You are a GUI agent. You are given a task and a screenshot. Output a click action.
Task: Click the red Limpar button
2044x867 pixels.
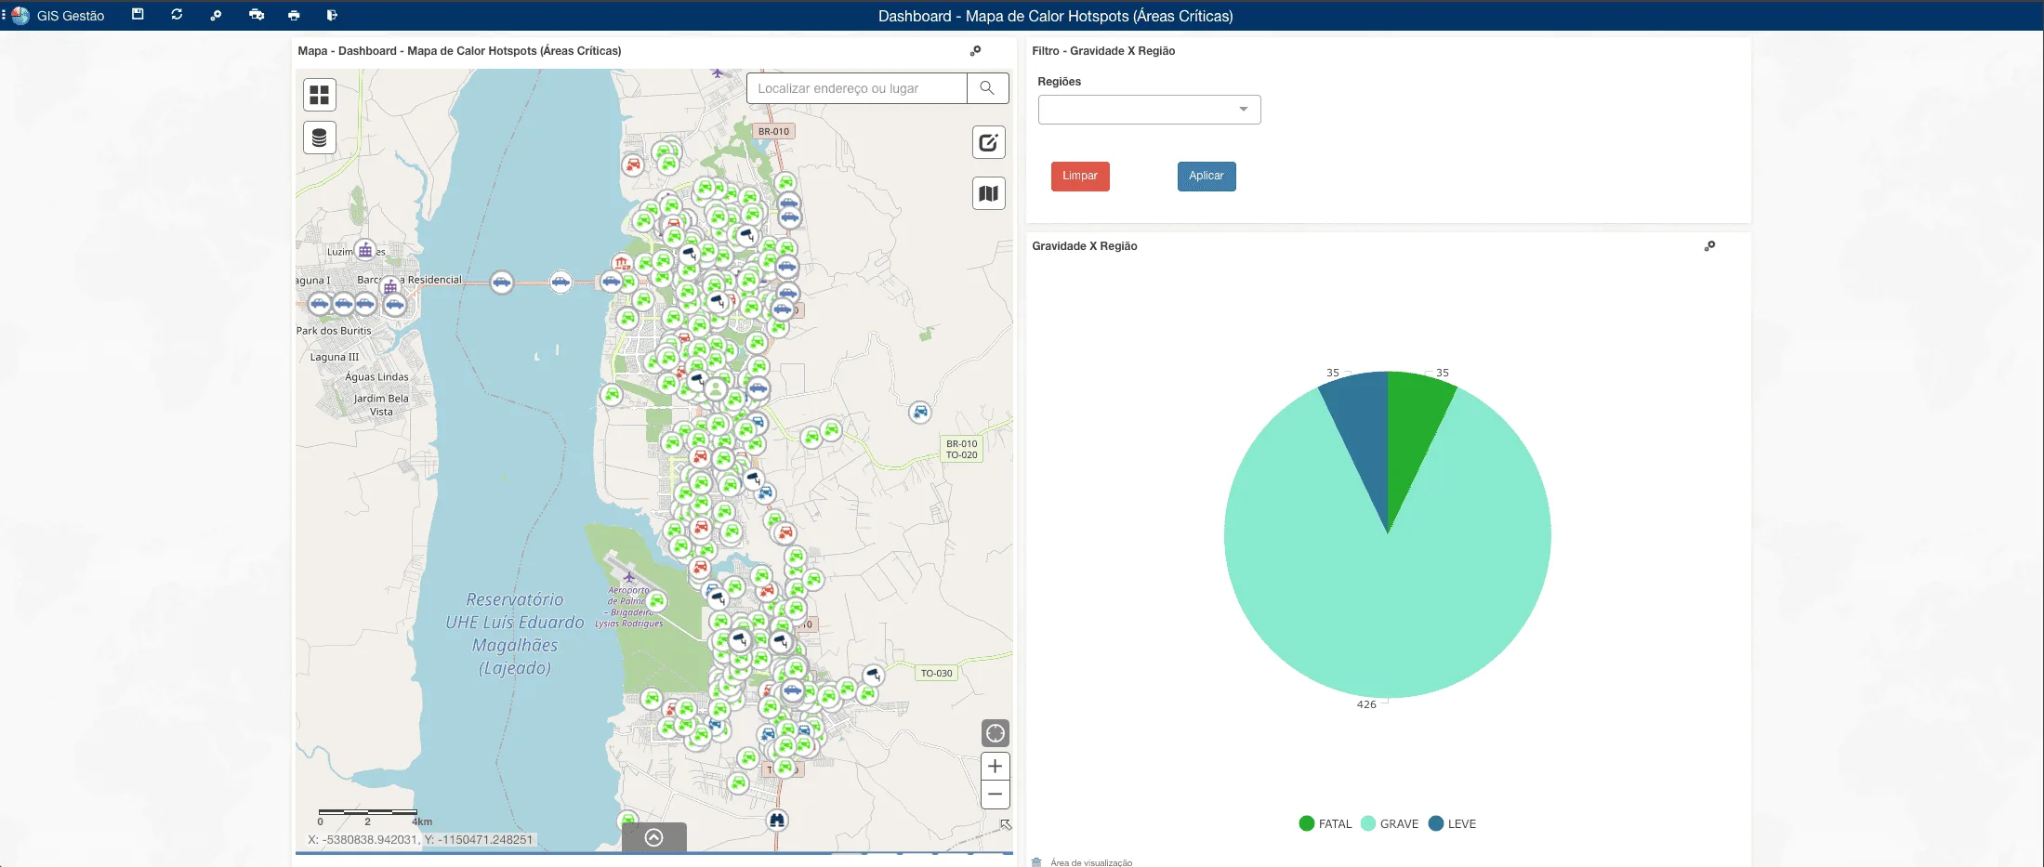1079,176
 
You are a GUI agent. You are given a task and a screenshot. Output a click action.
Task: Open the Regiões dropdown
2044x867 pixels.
1149,110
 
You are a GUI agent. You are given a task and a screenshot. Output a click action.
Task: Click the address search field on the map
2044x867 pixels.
856,88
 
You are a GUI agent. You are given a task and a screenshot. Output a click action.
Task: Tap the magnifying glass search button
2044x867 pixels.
987,88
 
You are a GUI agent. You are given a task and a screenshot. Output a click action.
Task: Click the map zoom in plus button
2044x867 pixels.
995,766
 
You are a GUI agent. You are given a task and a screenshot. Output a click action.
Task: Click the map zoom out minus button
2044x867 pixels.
995,795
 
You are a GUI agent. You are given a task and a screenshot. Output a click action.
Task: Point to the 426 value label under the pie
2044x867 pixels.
1366,704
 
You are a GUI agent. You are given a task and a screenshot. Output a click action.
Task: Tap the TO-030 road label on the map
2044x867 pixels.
936,673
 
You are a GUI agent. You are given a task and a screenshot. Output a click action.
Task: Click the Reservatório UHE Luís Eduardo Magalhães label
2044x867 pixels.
514,634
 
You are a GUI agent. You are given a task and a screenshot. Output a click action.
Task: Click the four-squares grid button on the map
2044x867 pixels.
319,95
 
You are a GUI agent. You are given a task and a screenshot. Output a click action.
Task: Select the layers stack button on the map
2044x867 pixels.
319,138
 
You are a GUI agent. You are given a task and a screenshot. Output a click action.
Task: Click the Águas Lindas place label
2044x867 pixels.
376,376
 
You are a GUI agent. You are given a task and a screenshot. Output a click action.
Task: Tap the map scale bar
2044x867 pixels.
367,812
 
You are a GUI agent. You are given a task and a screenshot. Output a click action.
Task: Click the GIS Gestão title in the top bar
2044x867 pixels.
70,16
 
